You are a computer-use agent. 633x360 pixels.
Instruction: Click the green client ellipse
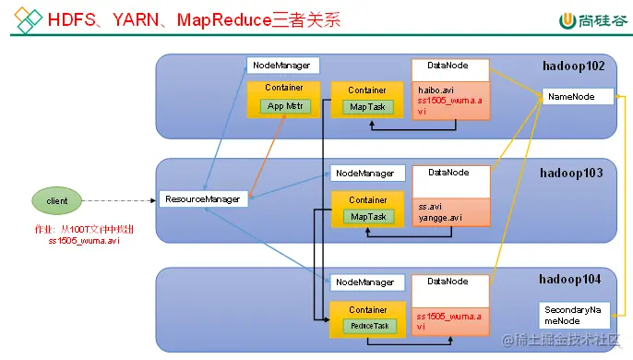pos(63,199)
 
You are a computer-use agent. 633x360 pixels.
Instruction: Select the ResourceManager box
pos(204,198)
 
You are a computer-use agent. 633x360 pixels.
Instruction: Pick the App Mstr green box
pos(285,106)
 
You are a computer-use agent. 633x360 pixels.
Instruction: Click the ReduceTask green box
pos(369,326)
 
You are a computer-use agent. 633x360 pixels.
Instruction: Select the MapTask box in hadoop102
pos(368,107)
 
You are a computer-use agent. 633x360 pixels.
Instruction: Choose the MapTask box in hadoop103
pos(368,217)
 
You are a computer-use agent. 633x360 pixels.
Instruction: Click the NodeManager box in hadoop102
pos(283,66)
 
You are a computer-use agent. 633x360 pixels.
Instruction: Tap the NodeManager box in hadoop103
pos(367,173)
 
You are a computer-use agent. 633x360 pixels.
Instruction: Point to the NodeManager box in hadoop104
pos(367,281)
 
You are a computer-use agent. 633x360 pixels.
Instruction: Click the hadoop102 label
pos(571,66)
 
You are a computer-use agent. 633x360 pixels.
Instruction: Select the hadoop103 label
pos(571,173)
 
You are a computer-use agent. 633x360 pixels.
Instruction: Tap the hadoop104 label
pos(571,279)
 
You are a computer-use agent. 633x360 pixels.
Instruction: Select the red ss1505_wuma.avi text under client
pos(84,241)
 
